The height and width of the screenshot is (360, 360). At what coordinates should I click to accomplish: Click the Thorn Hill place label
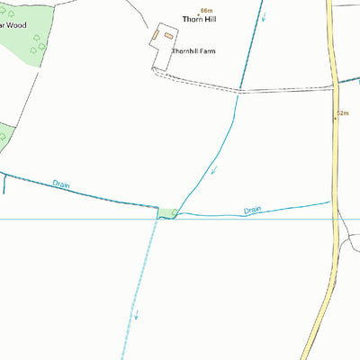click(x=199, y=18)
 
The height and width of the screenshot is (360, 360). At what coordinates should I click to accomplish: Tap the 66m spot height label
click(x=206, y=9)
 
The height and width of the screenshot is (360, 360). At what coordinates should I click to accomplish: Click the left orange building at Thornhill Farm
click(x=156, y=35)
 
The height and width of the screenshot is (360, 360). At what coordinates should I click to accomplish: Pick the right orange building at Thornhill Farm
click(x=167, y=35)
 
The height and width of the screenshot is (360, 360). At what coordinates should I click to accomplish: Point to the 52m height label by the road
click(x=342, y=114)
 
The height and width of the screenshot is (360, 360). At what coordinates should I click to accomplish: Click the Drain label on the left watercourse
click(x=61, y=184)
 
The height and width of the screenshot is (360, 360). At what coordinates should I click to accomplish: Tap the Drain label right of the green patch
click(x=252, y=211)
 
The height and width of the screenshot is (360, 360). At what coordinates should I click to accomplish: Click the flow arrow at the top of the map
click(x=264, y=16)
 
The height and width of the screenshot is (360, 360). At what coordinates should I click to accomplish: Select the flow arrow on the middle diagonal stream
click(x=214, y=169)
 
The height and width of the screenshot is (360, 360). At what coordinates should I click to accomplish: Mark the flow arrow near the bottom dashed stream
click(x=136, y=314)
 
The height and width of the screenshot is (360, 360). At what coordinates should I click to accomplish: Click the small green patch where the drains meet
click(x=166, y=212)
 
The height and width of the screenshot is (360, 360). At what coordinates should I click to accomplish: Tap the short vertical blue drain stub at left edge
click(x=4, y=184)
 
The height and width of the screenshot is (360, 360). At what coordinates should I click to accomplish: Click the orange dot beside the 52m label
click(x=336, y=117)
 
